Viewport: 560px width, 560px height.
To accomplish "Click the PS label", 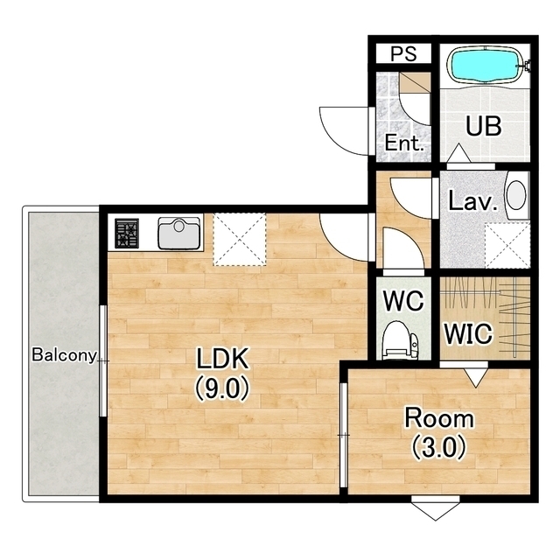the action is [403, 53].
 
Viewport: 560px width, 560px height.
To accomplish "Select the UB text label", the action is [484, 126].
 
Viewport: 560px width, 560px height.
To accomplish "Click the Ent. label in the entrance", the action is [404, 143].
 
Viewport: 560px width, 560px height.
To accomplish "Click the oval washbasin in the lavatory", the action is [516, 195].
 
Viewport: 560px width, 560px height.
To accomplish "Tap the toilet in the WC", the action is [399, 339].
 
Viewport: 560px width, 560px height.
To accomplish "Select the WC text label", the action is [403, 301].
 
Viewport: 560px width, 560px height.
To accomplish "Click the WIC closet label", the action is [468, 333].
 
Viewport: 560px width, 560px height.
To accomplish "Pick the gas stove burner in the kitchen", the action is [126, 234].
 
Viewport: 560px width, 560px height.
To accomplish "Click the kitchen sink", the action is [178, 234].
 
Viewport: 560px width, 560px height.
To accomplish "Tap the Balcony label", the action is [64, 355].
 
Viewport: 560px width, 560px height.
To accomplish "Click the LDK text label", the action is [222, 359].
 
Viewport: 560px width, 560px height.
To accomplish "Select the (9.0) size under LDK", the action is [221, 388].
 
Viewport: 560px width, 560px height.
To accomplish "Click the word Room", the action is [439, 418].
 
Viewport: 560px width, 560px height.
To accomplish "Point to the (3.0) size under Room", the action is [439, 447].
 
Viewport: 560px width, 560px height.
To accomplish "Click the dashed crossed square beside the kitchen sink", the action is [240, 239].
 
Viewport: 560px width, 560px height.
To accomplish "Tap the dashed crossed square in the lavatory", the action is [507, 245].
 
